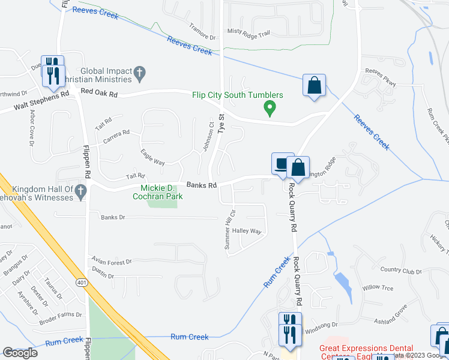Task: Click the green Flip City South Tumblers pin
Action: [270, 109]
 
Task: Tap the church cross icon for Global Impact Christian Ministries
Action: [139, 74]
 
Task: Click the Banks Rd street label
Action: [200, 185]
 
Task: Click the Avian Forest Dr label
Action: [112, 262]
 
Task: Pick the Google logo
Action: [20, 353]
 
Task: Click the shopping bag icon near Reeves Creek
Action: [314, 85]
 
